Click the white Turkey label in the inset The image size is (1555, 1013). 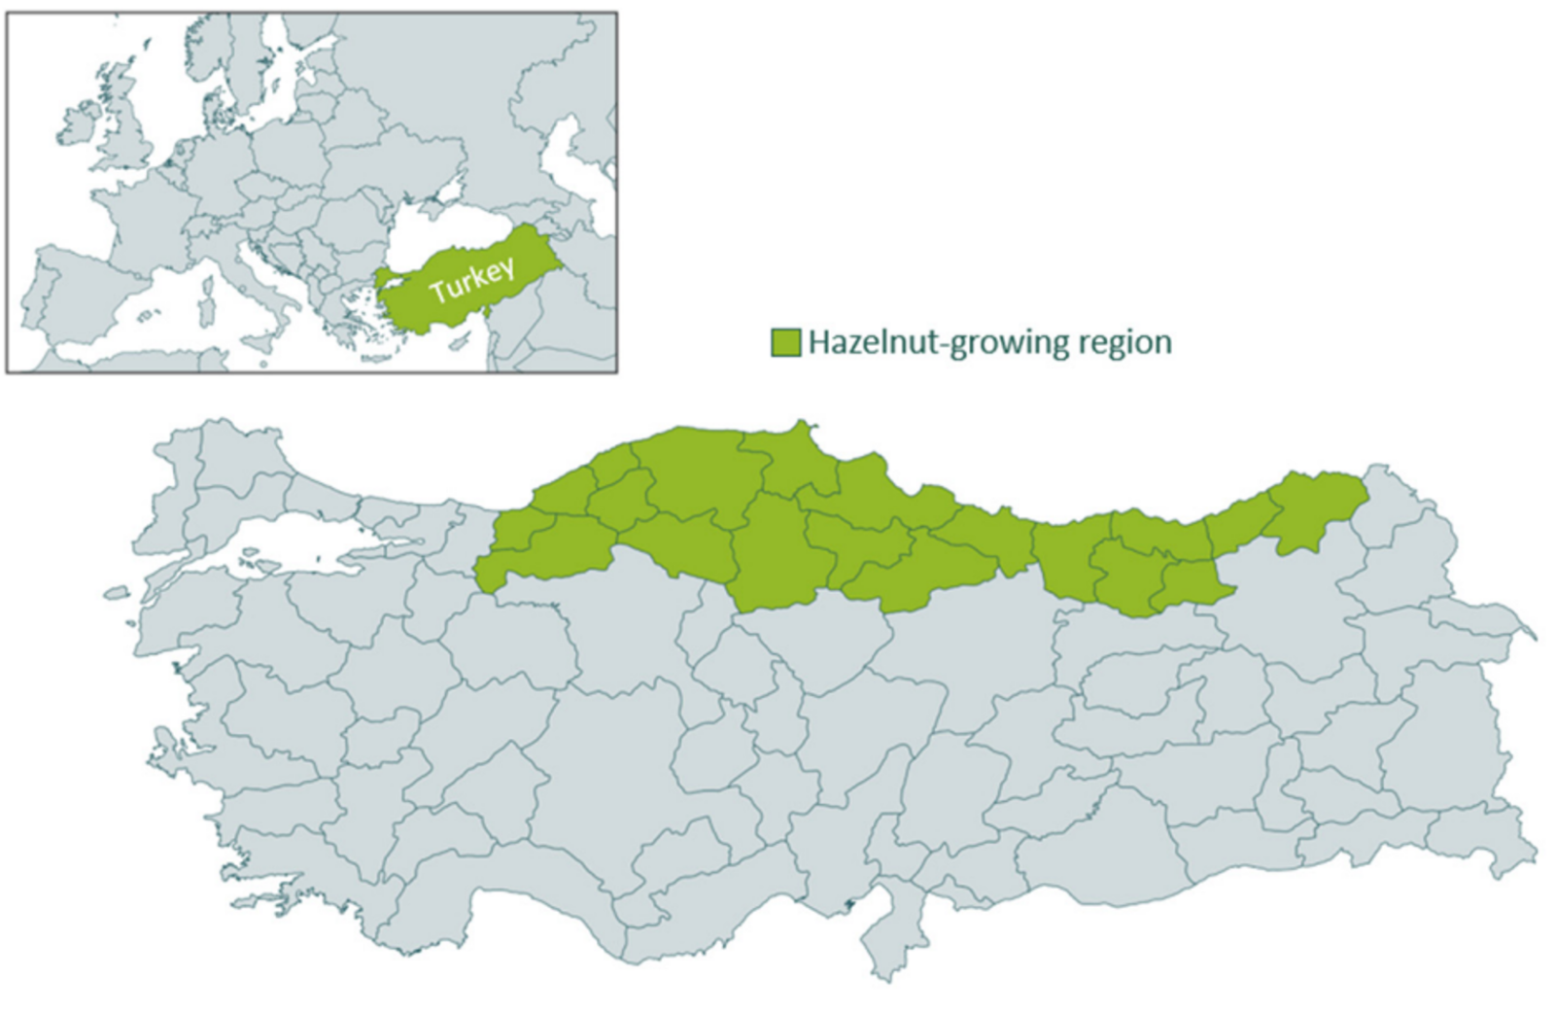tap(471, 280)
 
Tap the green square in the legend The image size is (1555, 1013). tap(785, 342)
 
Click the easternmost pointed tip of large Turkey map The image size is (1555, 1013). tap(1535, 638)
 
